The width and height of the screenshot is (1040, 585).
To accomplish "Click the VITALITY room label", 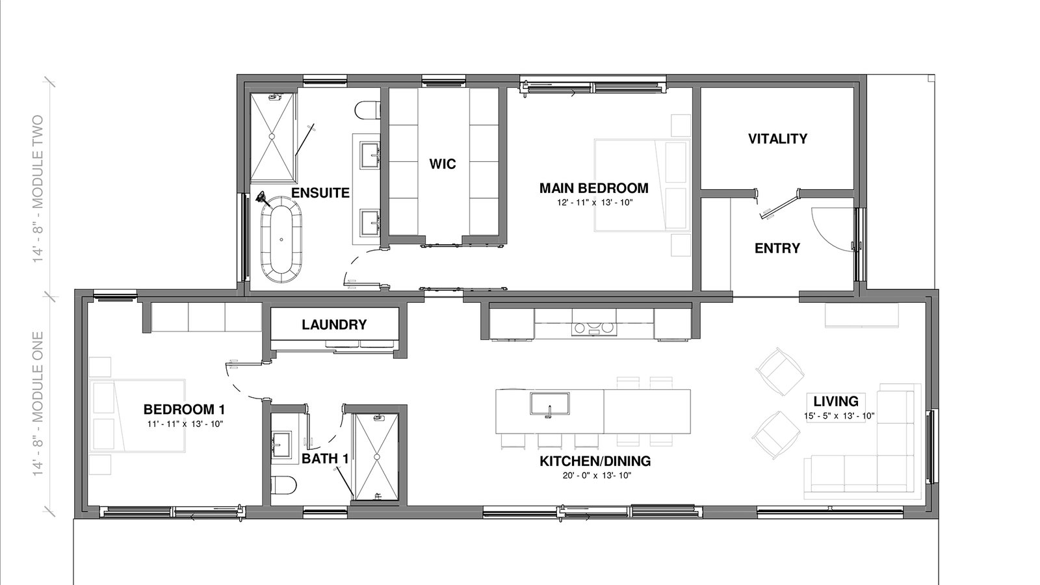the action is pos(777,138).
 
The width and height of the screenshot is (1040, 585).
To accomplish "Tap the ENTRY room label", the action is pos(777,248).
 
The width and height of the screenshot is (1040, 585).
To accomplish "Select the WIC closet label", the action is pos(443,164).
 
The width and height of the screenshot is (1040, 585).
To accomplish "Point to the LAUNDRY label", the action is pos(334,324).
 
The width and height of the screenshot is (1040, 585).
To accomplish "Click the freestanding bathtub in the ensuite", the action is pos(281,239).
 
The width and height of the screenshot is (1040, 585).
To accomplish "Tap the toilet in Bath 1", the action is pos(283,485).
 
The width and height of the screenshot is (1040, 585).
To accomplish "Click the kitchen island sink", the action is pos(550,404).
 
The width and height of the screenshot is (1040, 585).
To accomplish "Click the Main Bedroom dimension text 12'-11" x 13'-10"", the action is pos(595,202).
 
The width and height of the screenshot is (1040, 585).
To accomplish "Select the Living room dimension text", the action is pos(839,416).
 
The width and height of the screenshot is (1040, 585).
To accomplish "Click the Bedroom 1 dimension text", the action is pos(185,423).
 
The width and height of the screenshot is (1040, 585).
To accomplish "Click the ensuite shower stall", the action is pos(272,136).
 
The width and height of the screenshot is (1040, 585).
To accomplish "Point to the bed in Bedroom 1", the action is pos(137,415).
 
